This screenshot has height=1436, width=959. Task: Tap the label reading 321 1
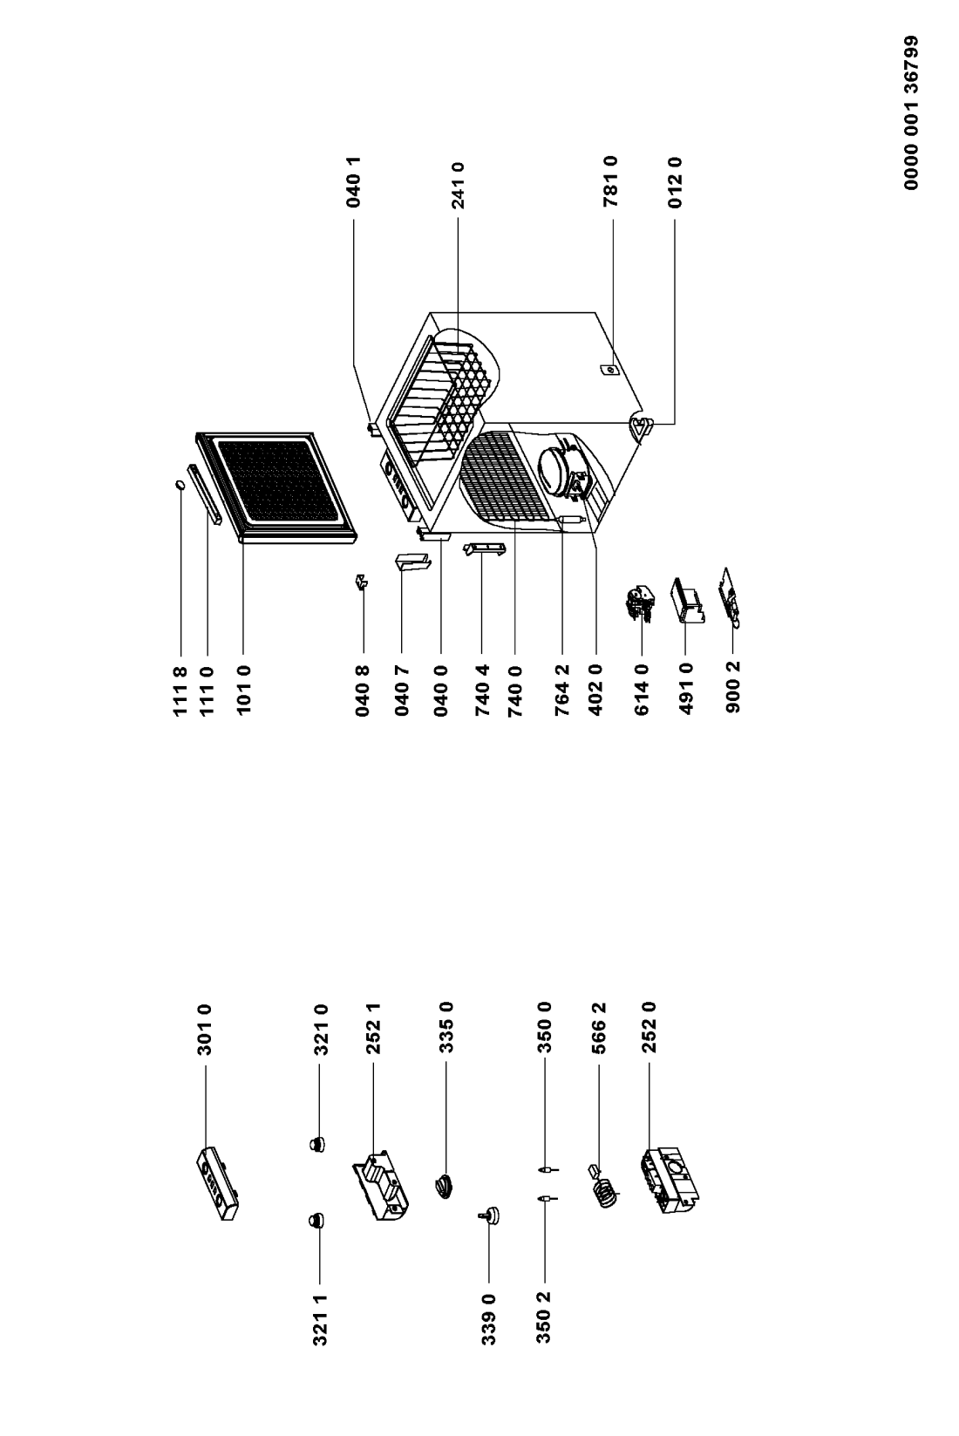click(x=321, y=1319)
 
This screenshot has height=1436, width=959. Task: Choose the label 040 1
click(x=352, y=182)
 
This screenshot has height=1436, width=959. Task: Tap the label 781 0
click(x=611, y=182)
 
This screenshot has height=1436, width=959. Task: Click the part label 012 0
click(x=675, y=182)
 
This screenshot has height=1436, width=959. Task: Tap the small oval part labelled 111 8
click(x=180, y=487)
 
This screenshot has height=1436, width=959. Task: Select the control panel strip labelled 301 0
click(x=217, y=1184)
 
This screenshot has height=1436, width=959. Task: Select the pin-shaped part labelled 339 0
click(x=490, y=1215)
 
